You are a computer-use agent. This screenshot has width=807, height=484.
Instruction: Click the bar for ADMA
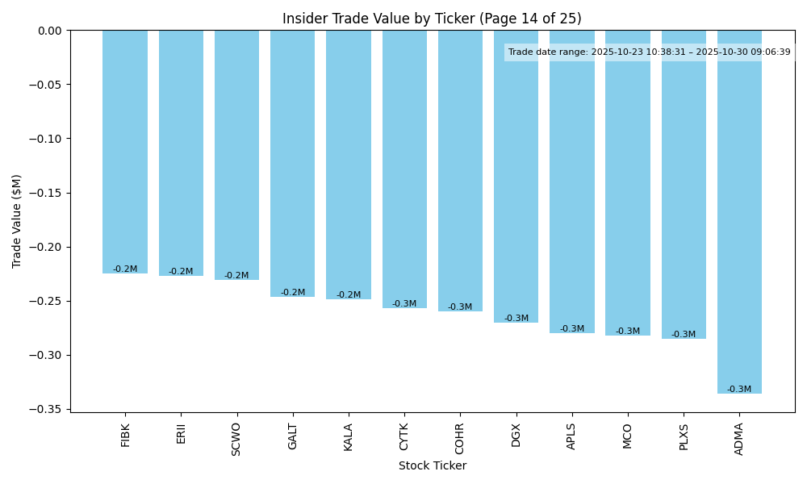(x=739, y=211)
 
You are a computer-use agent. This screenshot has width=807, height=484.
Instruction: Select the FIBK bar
(x=125, y=152)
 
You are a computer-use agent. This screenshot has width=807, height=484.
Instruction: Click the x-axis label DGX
(x=516, y=435)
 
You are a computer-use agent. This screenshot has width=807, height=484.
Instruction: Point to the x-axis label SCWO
(x=236, y=439)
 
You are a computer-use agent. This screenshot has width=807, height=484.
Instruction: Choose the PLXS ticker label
(x=684, y=436)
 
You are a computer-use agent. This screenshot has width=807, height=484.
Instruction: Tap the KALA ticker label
(x=349, y=436)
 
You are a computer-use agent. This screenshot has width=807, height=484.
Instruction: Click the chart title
(x=432, y=19)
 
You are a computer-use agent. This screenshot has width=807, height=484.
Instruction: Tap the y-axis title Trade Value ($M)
(x=17, y=221)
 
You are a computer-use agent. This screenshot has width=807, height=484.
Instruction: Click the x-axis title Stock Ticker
(x=432, y=465)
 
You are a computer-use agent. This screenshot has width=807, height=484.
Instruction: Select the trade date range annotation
(x=650, y=52)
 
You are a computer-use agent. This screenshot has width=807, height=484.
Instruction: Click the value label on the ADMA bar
(x=739, y=390)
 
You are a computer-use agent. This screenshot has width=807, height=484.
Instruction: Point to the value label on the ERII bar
(x=181, y=272)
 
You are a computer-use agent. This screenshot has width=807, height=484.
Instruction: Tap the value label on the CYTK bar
(x=404, y=304)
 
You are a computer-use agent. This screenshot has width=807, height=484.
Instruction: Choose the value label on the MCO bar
(x=628, y=332)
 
